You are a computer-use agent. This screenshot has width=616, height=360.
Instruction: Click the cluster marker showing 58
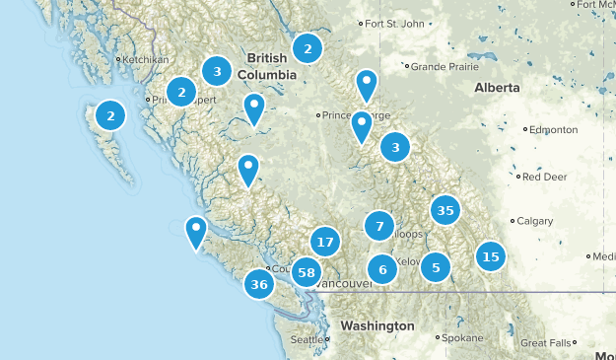(x=307, y=272)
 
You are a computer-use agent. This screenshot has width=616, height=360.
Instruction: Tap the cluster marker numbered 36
(x=260, y=285)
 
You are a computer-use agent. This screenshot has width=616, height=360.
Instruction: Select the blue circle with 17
(x=325, y=242)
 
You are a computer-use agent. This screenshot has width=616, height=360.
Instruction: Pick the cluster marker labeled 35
(x=445, y=210)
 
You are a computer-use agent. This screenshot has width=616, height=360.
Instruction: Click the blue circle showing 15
(x=490, y=256)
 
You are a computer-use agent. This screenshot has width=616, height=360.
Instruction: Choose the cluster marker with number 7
(x=379, y=226)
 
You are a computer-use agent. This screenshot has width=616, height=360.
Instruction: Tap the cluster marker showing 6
(x=382, y=269)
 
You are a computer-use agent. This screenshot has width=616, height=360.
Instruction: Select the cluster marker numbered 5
(x=436, y=266)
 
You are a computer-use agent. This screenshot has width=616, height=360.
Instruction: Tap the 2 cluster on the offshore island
(x=110, y=115)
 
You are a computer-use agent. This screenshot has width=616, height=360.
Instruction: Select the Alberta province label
(x=497, y=88)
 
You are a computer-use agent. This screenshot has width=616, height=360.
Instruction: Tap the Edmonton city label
(x=553, y=129)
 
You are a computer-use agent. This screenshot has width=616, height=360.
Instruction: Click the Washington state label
(x=377, y=325)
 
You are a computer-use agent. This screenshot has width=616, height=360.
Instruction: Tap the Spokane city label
(x=462, y=337)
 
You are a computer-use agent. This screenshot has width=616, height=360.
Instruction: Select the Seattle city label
(x=306, y=340)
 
